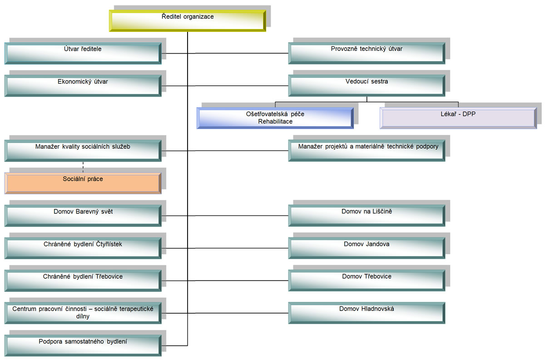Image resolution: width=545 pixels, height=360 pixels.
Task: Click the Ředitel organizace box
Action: point(187,21)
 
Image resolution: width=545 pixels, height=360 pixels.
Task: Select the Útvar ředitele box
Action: point(83,53)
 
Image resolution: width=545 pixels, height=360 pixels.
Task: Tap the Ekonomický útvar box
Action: point(83,85)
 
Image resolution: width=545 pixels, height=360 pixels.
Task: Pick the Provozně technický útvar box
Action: point(367,53)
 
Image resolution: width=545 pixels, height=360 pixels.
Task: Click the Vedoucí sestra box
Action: point(367,85)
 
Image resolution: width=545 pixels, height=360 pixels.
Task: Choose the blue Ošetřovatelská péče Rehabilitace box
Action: point(275,118)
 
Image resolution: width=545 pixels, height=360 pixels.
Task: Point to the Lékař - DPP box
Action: point(458,118)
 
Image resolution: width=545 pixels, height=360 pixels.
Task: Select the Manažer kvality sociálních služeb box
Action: point(83,151)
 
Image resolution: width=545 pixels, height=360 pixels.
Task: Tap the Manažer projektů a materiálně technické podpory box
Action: point(367,151)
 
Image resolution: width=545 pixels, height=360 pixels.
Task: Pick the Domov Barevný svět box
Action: point(83,216)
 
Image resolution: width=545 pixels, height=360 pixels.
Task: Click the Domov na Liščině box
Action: point(367,216)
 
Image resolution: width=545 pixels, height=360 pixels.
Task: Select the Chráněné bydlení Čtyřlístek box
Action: point(83,248)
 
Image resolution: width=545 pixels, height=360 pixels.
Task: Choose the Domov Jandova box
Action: point(367,248)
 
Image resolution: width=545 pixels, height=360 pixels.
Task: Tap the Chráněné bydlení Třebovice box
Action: point(83,281)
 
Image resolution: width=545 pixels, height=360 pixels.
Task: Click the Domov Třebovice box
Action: point(367,281)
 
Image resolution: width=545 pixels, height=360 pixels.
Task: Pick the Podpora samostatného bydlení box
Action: point(83,345)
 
